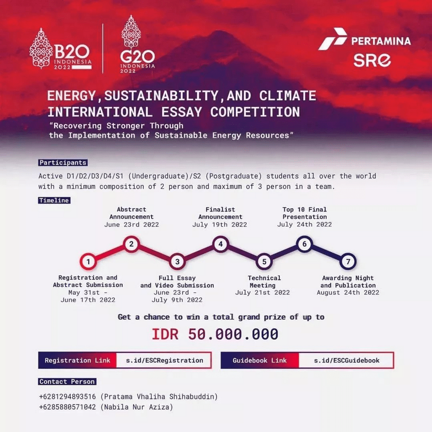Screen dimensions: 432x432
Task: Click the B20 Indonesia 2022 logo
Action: coord(61,49)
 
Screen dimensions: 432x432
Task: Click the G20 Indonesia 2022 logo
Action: coord(138,44)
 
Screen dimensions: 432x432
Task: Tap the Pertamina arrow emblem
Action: coord(333,39)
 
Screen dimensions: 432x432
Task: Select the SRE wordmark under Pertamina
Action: coord(372,60)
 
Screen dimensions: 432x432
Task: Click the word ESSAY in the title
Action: coord(182,112)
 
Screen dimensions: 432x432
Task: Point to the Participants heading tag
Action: coord(63,163)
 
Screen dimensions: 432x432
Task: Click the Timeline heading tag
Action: coord(54,200)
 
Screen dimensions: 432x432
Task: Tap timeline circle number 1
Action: coord(88,261)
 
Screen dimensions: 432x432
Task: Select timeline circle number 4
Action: coord(220,244)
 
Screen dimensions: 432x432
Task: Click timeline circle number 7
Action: coord(348,261)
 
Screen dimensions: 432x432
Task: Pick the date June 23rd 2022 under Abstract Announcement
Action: coord(132,225)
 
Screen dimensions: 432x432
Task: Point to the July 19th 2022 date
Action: coord(220,225)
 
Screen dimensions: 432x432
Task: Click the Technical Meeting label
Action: coord(264,281)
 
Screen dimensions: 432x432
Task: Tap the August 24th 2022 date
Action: coord(348,293)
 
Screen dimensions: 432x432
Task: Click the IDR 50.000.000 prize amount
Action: coord(215,334)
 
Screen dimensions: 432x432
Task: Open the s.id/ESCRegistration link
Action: coord(165,360)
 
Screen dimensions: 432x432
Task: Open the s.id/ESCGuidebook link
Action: coord(346,360)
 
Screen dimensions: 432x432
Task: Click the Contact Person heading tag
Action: coord(67,381)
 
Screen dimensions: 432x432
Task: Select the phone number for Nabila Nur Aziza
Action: coord(68,407)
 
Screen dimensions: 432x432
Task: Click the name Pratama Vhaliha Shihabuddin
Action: coord(159,397)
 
